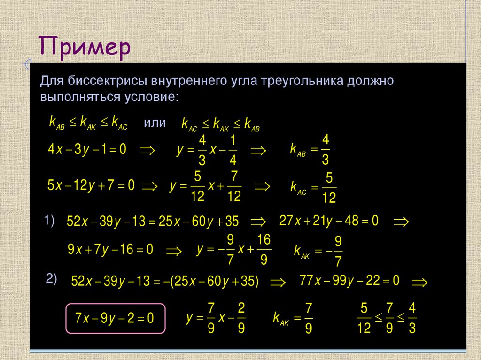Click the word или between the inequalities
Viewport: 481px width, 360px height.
[x=155, y=123]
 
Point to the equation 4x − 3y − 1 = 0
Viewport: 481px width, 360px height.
[x=87, y=150]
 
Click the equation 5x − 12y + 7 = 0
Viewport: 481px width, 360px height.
[x=91, y=185]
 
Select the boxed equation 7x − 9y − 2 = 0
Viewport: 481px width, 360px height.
[x=115, y=318]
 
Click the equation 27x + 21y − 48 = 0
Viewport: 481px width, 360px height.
[x=328, y=221]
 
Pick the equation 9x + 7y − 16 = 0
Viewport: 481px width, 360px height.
[x=110, y=250]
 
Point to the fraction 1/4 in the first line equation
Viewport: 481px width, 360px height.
[x=233, y=150]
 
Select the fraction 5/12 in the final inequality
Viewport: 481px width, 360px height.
[x=364, y=318]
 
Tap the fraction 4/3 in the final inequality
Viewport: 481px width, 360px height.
[x=412, y=318]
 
